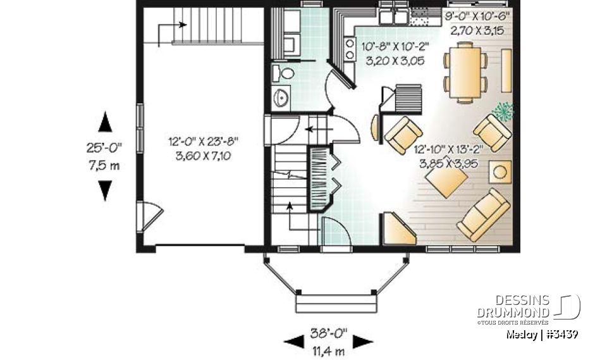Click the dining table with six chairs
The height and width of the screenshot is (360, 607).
point(465,71)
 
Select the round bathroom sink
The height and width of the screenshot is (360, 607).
point(281,98)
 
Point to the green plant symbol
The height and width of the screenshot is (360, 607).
point(503,111)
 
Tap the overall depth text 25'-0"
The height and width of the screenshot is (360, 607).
point(105,148)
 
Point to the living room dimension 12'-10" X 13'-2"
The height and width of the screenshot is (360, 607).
point(449,150)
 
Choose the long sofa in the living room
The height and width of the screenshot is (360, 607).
point(484,214)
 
